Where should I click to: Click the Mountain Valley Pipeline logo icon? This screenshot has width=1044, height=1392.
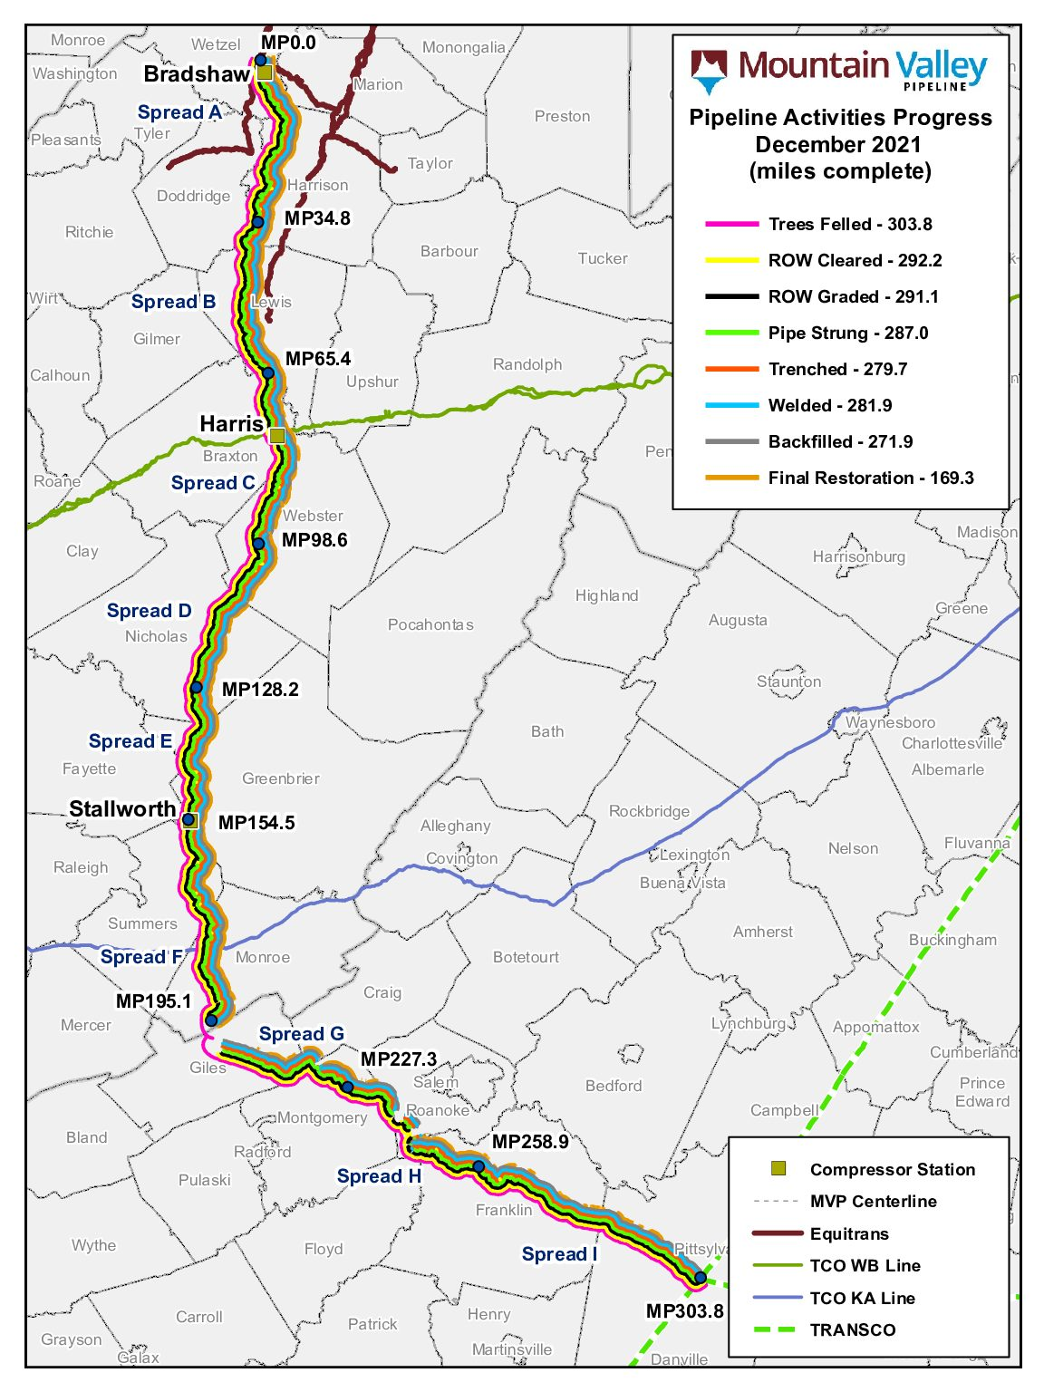click(x=709, y=71)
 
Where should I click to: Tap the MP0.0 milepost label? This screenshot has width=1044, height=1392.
click(x=288, y=43)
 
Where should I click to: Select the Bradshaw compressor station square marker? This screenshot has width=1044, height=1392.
click(x=265, y=72)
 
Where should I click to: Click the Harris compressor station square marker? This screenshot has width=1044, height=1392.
click(x=277, y=436)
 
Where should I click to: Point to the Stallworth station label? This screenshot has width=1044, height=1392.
click(x=122, y=809)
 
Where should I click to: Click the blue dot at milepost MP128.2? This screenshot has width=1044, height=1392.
click(x=197, y=688)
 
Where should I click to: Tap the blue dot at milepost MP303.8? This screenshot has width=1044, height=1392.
click(x=700, y=1278)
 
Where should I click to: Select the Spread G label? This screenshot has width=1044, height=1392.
click(x=301, y=1034)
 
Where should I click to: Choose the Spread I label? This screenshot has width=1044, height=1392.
click(x=559, y=1254)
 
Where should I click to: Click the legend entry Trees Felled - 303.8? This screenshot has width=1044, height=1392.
click(x=849, y=224)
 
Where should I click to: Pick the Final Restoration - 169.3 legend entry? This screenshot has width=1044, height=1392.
click(x=870, y=478)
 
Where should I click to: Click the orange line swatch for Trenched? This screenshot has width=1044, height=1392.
click(x=731, y=369)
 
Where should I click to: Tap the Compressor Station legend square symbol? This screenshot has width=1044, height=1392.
click(x=778, y=1169)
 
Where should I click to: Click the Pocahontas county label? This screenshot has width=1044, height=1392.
click(x=430, y=624)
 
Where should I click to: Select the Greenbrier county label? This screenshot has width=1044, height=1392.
click(x=280, y=778)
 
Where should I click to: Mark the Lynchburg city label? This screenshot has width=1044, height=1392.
click(x=748, y=1023)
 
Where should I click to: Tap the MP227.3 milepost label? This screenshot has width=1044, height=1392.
click(x=399, y=1059)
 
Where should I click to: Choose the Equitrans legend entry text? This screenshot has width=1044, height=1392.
click(x=849, y=1233)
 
